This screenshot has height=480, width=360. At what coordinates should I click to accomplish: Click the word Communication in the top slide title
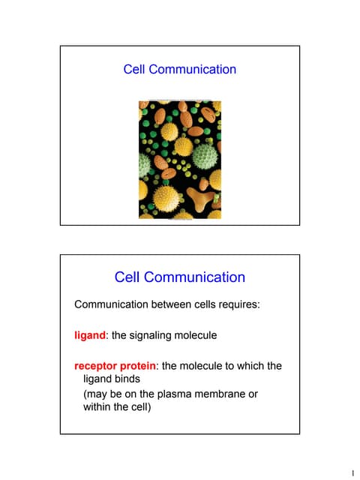[193, 70]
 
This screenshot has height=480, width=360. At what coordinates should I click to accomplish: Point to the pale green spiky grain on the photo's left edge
[145, 164]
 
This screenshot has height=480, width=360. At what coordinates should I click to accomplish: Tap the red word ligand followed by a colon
[89, 335]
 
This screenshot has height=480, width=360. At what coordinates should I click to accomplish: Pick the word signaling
[158, 335]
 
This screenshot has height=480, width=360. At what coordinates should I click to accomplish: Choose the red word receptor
[97, 366]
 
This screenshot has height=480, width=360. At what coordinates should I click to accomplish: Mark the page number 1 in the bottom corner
[352, 472]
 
